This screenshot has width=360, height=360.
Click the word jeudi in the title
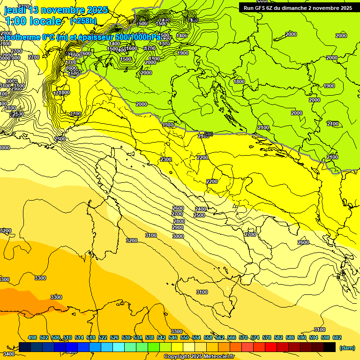[x=15, y=10]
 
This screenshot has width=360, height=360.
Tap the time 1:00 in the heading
[x=18, y=21]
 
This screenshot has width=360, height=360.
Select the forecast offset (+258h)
[x=83, y=21]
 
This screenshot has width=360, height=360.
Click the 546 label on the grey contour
[x=209, y=134]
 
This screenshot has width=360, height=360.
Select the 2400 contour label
[x=200, y=209]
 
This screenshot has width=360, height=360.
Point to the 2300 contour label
[x=165, y=160]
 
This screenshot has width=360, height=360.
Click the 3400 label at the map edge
[x=8, y=353]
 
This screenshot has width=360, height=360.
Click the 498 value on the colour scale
[x=32, y=337]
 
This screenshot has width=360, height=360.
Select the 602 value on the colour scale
[x=337, y=337]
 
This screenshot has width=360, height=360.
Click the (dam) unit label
[x=346, y=348]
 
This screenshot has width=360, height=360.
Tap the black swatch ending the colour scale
[x=330, y=347]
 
